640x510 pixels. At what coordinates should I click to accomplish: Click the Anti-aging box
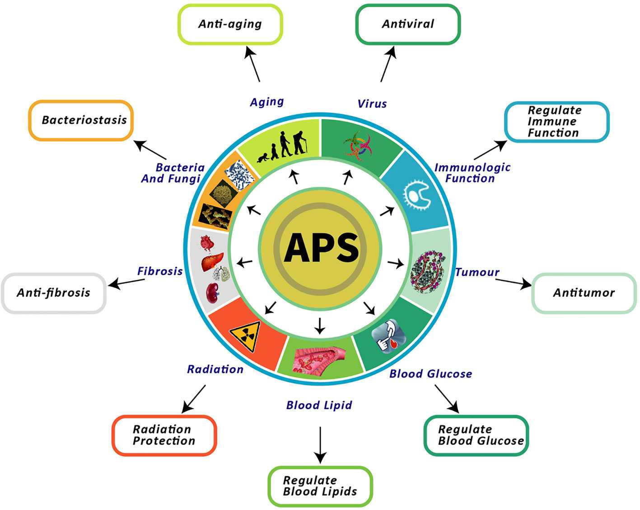tap(230, 24)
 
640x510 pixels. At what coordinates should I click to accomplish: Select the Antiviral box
tap(408, 24)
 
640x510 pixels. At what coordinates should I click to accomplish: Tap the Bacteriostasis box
tap(81, 120)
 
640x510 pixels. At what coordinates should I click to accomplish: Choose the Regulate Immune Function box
tap(556, 122)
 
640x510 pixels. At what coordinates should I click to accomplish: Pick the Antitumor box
tap(584, 293)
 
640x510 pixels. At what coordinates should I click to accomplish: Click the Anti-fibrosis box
tap(54, 293)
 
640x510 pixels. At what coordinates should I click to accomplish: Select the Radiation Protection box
tap(164, 435)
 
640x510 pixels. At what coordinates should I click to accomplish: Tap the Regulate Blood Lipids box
tap(320, 486)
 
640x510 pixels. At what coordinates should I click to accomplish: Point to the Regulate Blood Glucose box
tap(476, 435)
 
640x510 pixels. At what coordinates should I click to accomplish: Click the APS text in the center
tap(321, 248)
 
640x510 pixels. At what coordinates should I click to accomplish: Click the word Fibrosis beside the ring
tap(160, 271)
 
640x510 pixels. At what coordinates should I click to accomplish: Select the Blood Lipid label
tap(319, 405)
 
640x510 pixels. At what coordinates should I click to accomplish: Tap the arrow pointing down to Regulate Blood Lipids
tap(320, 444)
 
